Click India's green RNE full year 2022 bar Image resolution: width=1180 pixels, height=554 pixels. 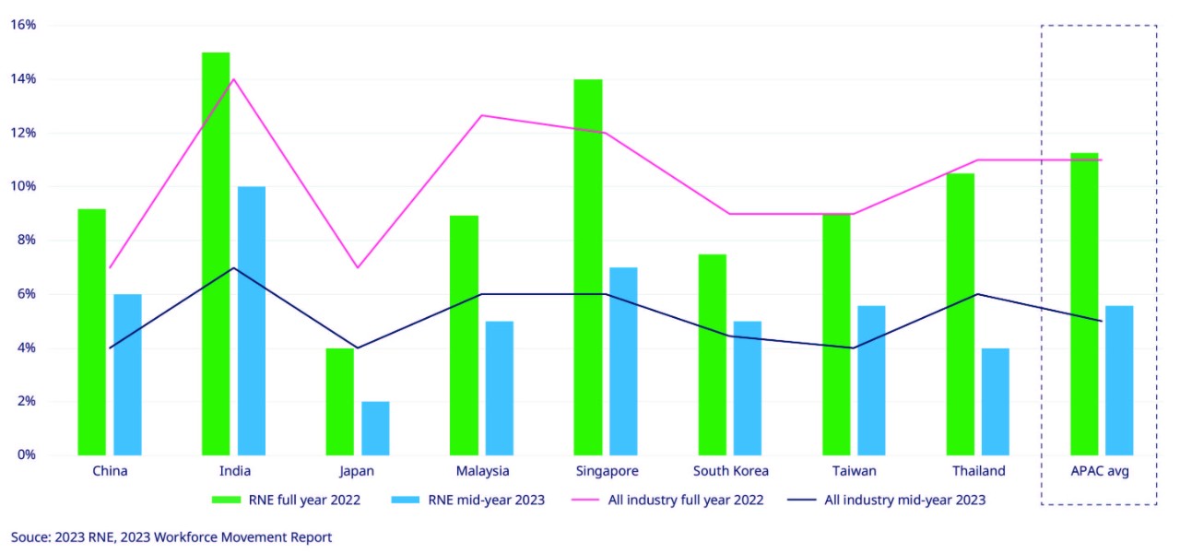[x=216, y=253]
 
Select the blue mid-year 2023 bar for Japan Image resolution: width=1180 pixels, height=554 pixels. [x=375, y=428]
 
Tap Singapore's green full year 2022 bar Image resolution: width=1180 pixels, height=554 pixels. [x=588, y=267]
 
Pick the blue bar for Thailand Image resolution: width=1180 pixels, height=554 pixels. [x=995, y=401]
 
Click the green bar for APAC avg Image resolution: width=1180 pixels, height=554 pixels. [x=1084, y=304]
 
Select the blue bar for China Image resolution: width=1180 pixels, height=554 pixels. [x=127, y=374]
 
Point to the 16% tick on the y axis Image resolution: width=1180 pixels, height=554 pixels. [x=23, y=25]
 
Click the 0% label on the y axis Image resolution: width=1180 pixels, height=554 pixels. [x=26, y=454]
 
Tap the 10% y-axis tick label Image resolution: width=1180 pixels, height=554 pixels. [x=23, y=186]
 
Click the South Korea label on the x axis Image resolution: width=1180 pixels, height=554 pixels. [x=731, y=471]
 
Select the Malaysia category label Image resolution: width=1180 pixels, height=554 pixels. [x=482, y=471]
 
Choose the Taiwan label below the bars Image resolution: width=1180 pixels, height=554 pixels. [x=854, y=471]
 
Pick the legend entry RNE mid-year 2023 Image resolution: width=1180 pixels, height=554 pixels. [x=474, y=501]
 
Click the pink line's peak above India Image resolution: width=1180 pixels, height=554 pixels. [x=234, y=79]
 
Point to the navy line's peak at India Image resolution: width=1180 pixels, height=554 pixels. [x=234, y=268]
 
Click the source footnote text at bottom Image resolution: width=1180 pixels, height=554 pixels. [x=171, y=536]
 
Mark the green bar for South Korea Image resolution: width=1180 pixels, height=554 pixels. [x=712, y=355]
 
